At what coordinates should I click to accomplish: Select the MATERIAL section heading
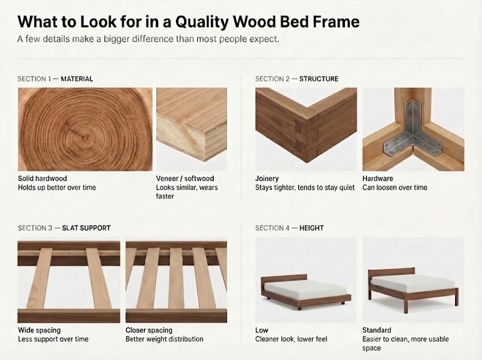point(77,79)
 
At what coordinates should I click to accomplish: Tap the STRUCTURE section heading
point(319,79)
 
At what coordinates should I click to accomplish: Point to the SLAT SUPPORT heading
point(87,228)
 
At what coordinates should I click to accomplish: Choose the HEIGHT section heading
point(312,228)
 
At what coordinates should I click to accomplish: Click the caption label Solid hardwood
point(42,179)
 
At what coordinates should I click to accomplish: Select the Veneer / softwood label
point(185,179)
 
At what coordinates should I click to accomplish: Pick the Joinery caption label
point(267,179)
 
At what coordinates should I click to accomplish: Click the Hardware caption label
point(378,179)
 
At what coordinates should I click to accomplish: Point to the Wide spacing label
point(40,330)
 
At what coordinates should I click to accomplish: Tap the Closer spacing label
point(149,330)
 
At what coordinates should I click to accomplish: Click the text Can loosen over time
point(395,188)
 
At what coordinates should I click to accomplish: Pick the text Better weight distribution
point(164,339)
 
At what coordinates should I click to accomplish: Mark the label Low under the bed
point(262,330)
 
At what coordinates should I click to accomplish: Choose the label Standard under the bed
point(377,330)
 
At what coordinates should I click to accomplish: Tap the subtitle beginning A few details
point(148,40)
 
